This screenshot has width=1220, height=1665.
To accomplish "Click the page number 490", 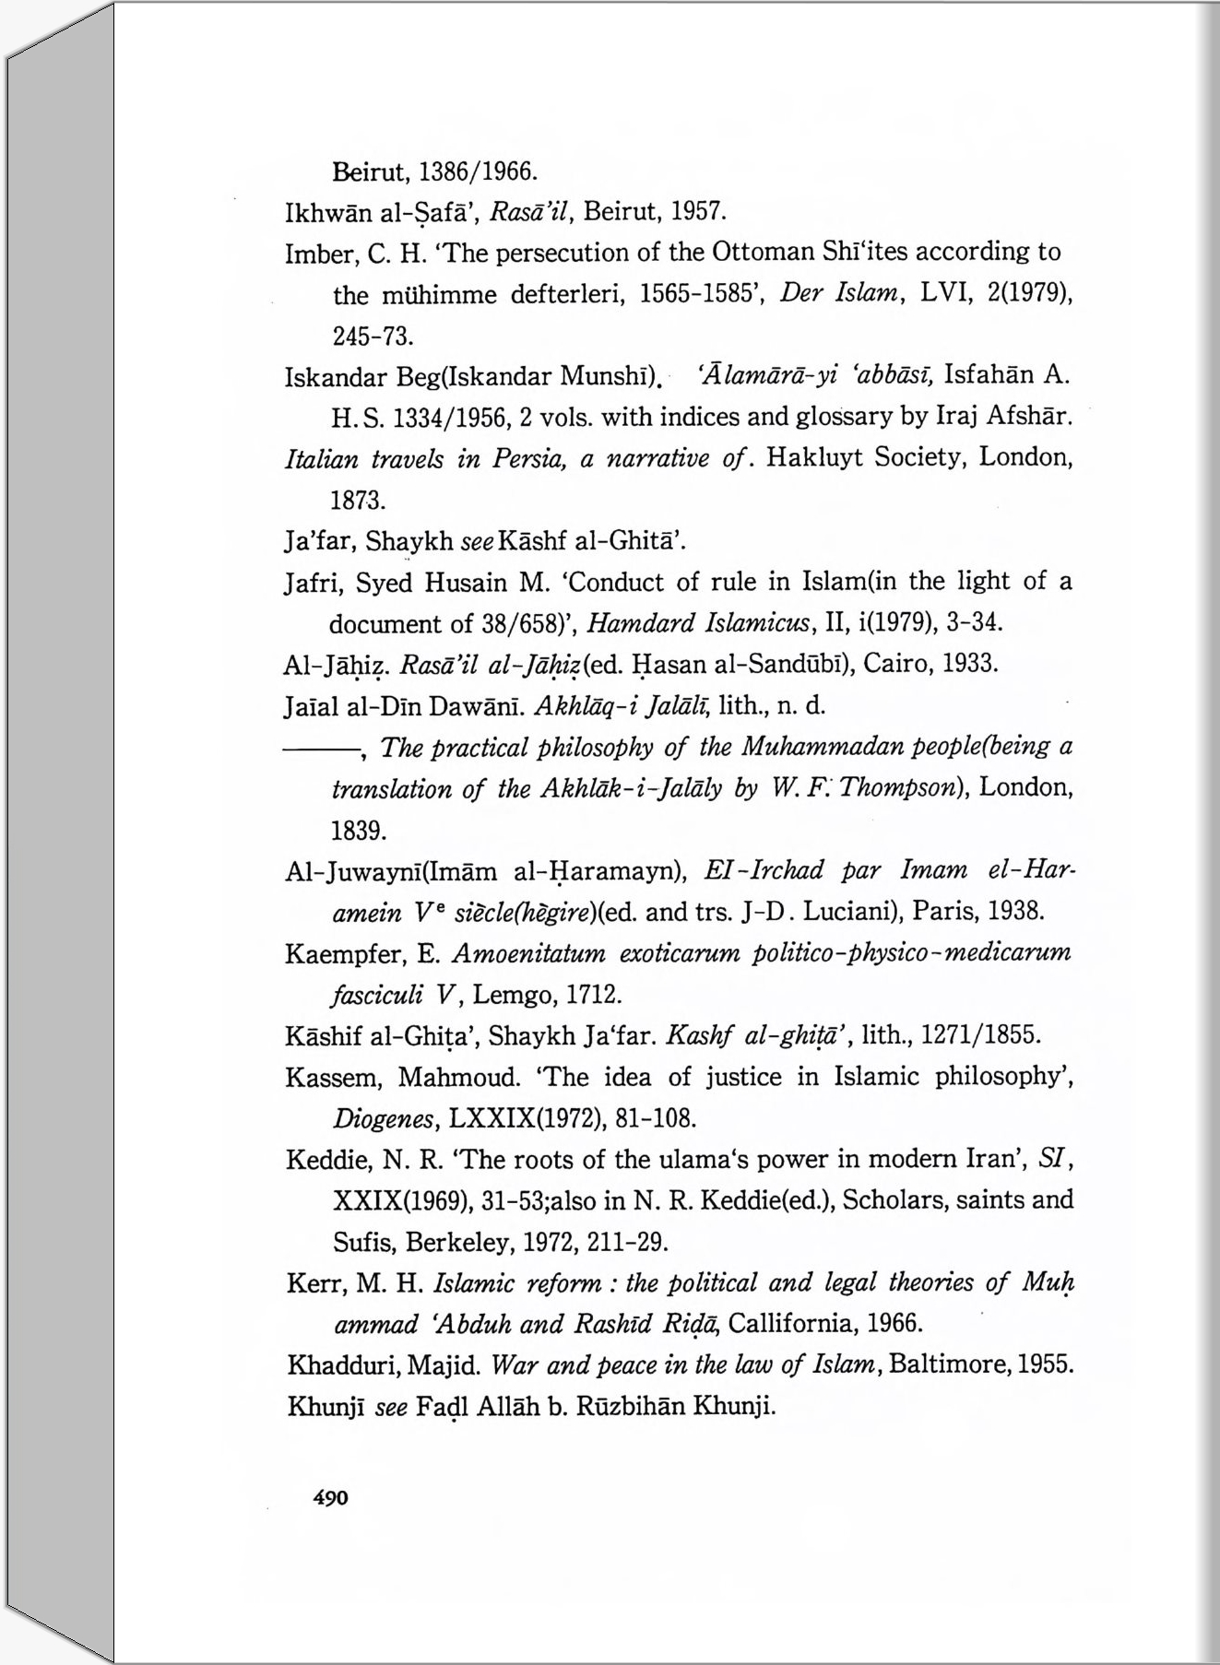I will tap(331, 1498).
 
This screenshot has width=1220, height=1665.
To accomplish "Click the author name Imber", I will tap(315, 254).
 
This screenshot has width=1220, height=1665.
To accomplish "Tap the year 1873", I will tap(358, 501).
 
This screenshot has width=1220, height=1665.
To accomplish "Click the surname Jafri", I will tap(312, 584).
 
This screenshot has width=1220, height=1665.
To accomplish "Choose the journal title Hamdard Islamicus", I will tap(699, 623).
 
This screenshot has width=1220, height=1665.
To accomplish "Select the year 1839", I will tap(358, 831).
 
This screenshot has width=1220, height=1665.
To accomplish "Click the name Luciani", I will tap(853, 913).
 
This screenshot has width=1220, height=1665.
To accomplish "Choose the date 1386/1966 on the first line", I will tap(478, 172).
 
